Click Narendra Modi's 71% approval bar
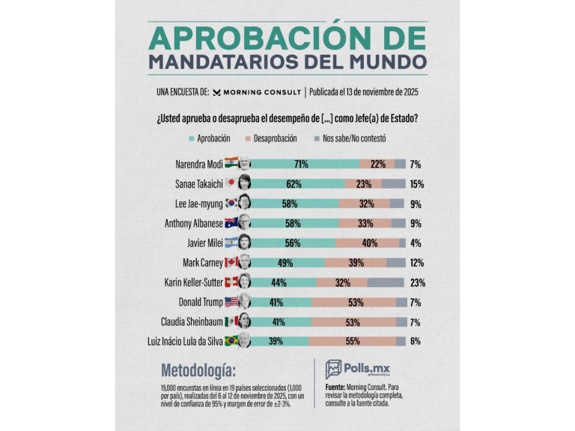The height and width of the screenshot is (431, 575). pos(303,164)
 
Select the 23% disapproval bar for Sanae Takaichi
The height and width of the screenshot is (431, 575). pos(364,183)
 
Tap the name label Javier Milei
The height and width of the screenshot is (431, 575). pos(193,242)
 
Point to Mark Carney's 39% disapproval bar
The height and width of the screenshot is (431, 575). pos(356,263)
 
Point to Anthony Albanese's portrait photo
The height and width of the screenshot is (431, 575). pos(244,223)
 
